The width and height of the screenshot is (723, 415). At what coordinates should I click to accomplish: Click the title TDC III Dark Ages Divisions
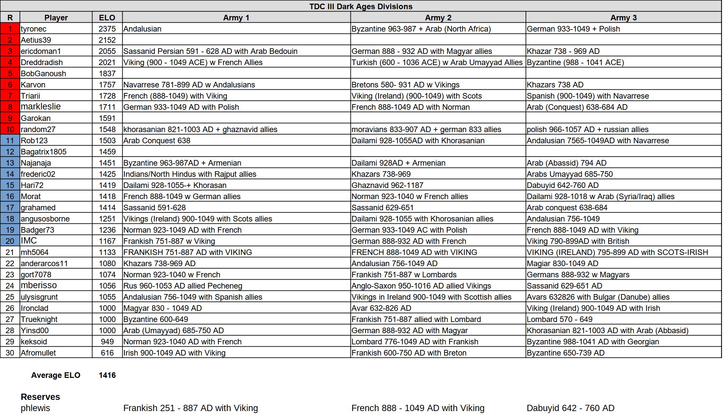[x=361, y=6]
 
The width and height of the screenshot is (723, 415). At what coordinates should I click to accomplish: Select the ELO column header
[x=107, y=17]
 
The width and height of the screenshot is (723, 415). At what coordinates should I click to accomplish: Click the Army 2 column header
[x=438, y=17]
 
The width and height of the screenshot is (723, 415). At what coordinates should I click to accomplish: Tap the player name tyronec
[x=34, y=29]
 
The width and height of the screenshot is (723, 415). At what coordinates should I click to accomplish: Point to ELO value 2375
[x=107, y=29]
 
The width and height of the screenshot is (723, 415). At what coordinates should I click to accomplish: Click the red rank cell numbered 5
[x=10, y=74]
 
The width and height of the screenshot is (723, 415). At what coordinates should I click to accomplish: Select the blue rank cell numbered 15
[x=10, y=185]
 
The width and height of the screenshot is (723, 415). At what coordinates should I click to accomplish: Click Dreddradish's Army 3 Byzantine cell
[x=575, y=62]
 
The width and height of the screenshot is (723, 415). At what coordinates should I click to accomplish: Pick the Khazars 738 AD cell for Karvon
[x=555, y=85]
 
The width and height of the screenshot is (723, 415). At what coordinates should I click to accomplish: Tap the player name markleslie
[x=41, y=106]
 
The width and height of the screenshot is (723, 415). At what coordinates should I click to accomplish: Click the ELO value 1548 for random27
[x=107, y=129]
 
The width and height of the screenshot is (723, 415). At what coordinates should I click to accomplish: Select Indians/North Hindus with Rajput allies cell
[x=190, y=174]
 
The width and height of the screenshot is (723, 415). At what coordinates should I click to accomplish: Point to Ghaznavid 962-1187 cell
[x=387, y=185]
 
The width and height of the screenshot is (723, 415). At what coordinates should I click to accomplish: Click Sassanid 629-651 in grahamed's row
[x=382, y=208]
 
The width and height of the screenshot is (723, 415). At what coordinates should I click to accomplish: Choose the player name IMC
[x=29, y=241]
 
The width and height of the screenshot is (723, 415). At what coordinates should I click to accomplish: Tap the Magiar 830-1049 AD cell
[x=562, y=264]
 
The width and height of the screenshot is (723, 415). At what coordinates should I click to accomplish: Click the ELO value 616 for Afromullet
[x=107, y=353]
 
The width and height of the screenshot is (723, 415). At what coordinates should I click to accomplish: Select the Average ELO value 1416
[x=107, y=375]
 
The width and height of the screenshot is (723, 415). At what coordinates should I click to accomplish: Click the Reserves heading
[x=40, y=397]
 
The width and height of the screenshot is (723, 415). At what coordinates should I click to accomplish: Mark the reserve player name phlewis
[x=36, y=408]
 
